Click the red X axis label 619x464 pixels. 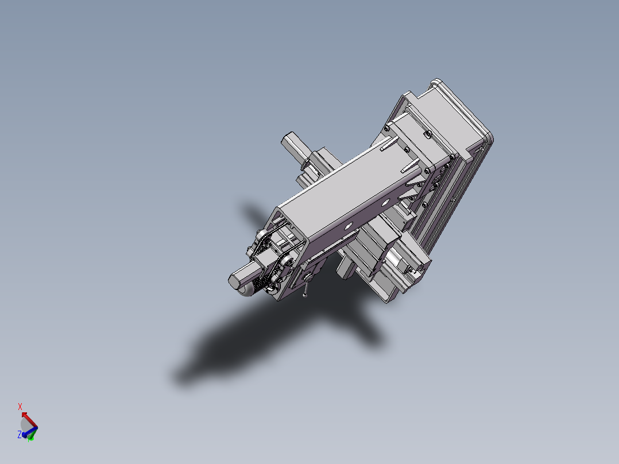click(20, 407)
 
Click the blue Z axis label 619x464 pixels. click(19, 435)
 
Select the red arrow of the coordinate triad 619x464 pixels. click(25, 415)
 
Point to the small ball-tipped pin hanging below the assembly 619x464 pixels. click(305, 295)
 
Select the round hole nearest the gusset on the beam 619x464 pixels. click(394, 199)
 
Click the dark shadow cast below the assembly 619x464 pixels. click(258, 339)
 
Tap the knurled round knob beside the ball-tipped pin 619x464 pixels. click(309, 278)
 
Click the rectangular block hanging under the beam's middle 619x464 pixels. click(345, 267)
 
